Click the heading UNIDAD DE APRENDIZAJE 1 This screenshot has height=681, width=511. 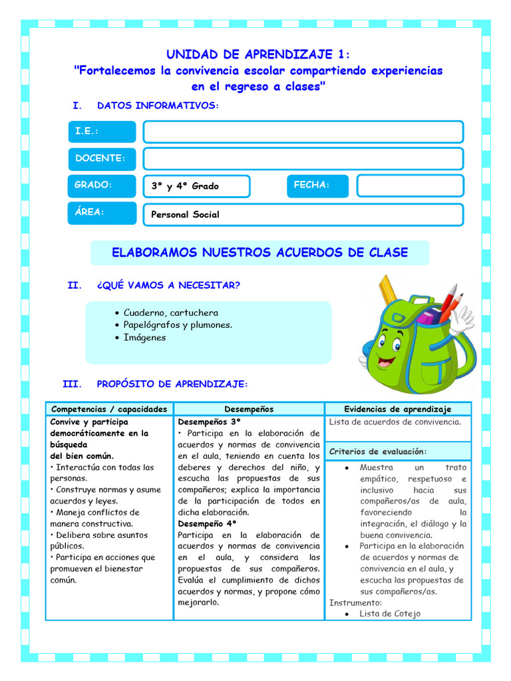(257, 54)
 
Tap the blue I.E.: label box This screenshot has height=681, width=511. (102, 132)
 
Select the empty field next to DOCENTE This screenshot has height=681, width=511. (303, 158)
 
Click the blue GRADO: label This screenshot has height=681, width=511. (102, 186)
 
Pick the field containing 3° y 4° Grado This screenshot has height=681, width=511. (197, 186)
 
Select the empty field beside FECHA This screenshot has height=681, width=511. (409, 186)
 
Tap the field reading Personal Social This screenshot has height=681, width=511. (303, 215)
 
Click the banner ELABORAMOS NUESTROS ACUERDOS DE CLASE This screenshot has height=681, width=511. (259, 253)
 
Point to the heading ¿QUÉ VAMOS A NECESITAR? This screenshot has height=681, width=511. (168, 285)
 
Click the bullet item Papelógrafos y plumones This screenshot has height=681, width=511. (178, 325)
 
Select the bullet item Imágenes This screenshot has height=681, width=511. (144, 337)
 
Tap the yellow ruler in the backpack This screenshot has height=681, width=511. (387, 291)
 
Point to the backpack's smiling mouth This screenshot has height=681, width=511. (387, 362)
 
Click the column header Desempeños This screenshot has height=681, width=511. (249, 409)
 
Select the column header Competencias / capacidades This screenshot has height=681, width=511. (109, 409)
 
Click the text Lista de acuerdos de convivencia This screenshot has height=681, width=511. (395, 422)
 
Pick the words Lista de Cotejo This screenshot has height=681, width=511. (390, 614)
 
